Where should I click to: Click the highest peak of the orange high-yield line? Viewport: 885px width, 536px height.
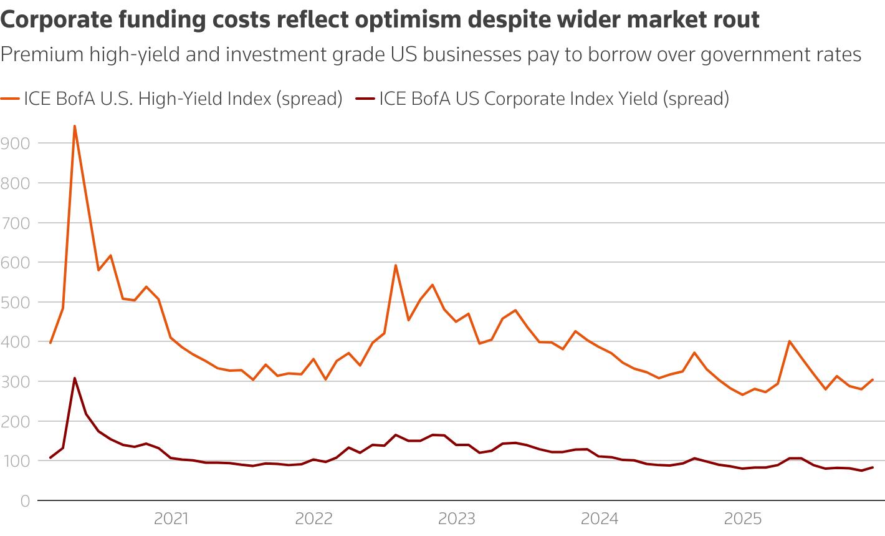[x=74, y=126]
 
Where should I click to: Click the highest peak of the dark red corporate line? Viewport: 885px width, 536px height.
[x=74, y=378]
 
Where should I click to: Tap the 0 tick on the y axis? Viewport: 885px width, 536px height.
[x=25, y=500]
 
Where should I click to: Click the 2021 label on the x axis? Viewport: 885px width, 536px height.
[x=171, y=519]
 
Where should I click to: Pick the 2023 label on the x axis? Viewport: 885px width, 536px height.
[x=457, y=519]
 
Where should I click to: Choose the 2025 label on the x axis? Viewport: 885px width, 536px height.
[x=742, y=519]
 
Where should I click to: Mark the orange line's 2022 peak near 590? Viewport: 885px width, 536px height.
[x=396, y=265]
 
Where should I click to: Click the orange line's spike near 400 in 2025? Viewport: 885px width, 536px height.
[x=790, y=341]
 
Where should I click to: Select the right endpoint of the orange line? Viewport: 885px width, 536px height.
[x=873, y=379]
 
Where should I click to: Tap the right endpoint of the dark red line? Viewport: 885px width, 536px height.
[x=873, y=467]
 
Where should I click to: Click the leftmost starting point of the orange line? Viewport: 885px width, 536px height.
[x=50, y=343]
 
